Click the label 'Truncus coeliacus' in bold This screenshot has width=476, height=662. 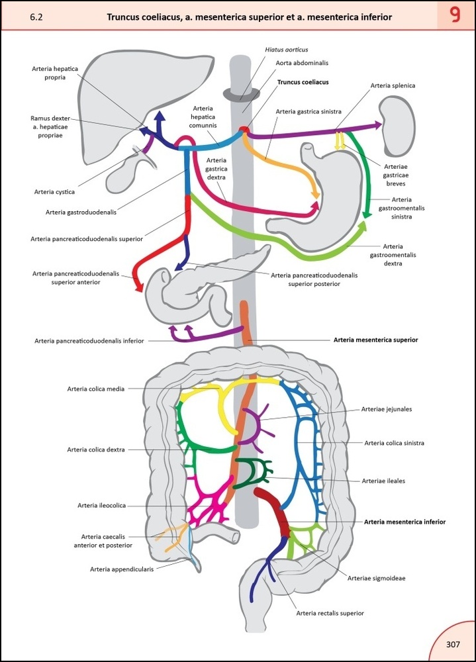[303, 83]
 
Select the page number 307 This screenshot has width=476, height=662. [453, 644]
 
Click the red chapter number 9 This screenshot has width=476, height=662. [455, 16]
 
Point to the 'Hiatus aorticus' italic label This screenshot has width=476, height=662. [286, 50]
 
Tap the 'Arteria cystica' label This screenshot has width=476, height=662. [54, 192]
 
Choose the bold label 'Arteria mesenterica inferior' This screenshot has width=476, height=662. [405, 522]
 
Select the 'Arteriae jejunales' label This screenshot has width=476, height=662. [387, 409]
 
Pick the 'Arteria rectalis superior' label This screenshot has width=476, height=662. [330, 613]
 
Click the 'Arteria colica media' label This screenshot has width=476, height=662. [95, 389]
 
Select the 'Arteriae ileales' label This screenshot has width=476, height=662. [384, 481]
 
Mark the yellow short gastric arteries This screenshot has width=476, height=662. [340, 140]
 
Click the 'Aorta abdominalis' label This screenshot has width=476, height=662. [302, 63]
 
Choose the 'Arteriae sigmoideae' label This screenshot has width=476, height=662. [376, 578]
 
